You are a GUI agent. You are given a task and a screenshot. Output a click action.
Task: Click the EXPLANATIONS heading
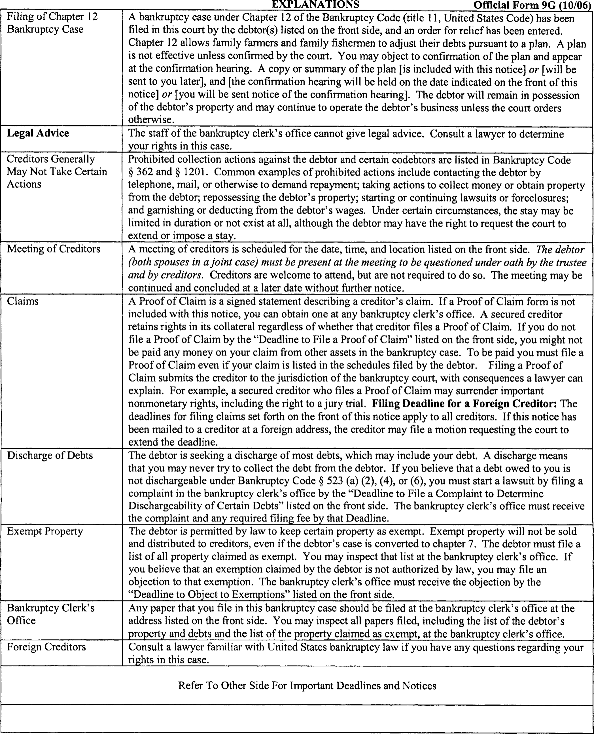pyautogui.click(x=315, y=4)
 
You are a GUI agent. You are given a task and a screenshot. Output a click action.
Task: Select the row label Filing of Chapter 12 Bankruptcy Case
pyautogui.click(x=52, y=23)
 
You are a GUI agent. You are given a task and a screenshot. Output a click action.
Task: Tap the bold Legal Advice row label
pyautogui.click(x=38, y=133)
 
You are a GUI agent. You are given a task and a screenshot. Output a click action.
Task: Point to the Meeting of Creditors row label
pyautogui.click(x=53, y=249)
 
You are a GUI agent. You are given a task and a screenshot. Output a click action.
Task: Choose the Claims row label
pyautogui.click(x=23, y=301)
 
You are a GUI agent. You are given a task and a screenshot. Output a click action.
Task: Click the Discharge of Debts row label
pyautogui.click(x=50, y=455)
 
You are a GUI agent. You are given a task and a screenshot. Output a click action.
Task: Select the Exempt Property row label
pyautogui.click(x=45, y=531)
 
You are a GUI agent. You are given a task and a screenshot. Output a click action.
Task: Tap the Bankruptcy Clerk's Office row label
pyautogui.click(x=51, y=614)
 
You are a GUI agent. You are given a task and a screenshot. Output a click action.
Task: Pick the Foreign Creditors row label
pyautogui.click(x=46, y=647)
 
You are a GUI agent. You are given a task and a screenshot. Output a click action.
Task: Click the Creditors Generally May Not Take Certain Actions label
pyautogui.click(x=57, y=171)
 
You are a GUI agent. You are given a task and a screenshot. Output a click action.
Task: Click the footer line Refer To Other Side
pyautogui.click(x=307, y=686)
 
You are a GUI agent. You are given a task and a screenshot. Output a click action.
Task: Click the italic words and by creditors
pyautogui.click(x=165, y=275)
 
